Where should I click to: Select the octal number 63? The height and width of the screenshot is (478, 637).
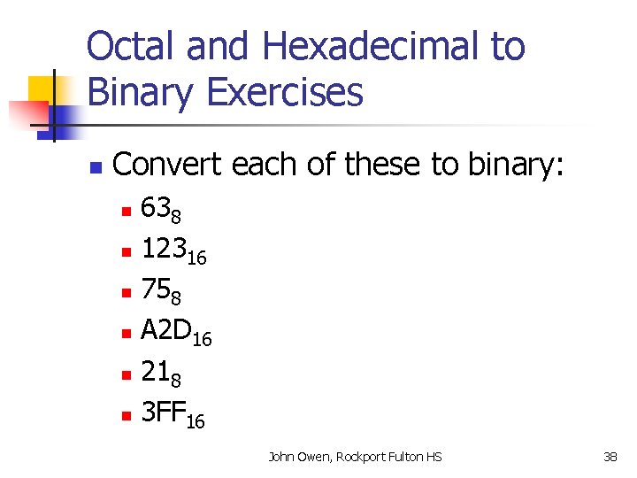(156, 210)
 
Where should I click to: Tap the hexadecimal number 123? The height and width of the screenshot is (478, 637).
(165, 251)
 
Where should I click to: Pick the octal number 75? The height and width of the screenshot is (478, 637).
(156, 291)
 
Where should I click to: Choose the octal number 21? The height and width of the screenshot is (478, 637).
(156, 373)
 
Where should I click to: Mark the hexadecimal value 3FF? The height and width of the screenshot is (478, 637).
(164, 413)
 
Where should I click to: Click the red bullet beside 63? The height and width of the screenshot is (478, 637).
(126, 212)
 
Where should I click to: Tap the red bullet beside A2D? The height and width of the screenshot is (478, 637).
(126, 335)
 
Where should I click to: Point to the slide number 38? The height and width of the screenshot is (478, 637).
(610, 457)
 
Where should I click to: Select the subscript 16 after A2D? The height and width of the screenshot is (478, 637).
(202, 339)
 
